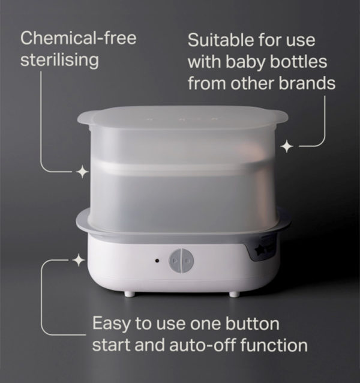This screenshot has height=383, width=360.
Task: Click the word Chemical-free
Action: (x=79, y=38)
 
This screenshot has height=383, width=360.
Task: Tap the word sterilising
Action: (x=59, y=61)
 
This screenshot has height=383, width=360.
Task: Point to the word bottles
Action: (x=298, y=62)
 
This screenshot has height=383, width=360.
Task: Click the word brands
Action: (x=307, y=83)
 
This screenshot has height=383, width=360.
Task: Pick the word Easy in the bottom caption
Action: (x=112, y=324)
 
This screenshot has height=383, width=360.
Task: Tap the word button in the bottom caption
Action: (x=252, y=324)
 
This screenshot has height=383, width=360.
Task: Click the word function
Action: (x=274, y=345)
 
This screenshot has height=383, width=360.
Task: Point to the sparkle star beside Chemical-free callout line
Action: (x=82, y=172)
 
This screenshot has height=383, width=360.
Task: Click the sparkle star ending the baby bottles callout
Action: (x=287, y=147)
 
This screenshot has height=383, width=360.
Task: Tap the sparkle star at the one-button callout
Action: (x=79, y=261)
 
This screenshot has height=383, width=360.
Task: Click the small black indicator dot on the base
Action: (x=157, y=261)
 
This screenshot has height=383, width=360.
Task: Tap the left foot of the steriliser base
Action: (x=129, y=294)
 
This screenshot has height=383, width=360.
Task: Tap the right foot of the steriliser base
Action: (x=234, y=294)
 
